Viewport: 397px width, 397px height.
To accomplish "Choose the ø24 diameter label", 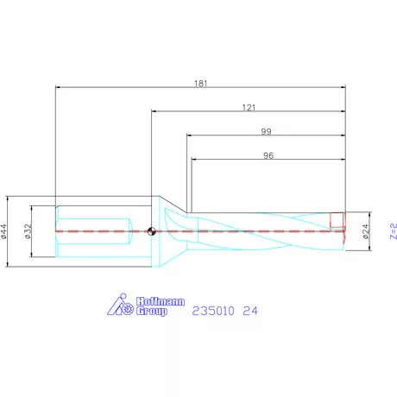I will tap(366, 230).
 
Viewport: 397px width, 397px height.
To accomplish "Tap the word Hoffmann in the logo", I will tap(157, 301).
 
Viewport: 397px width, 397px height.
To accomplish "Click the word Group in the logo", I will tap(152, 311).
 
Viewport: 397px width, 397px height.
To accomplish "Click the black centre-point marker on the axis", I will tap(151, 230).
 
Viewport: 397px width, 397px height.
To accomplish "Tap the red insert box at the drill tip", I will tap(337, 220).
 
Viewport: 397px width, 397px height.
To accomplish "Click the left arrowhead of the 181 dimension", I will tap(58, 87).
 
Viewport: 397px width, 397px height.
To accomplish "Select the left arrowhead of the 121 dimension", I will tap(154, 110).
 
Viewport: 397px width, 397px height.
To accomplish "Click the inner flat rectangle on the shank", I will tap(93, 230).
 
